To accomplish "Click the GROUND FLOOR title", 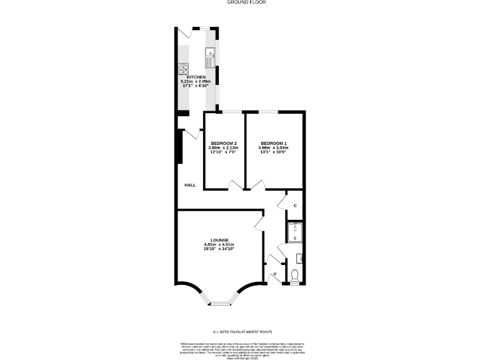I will (x=240, y=2).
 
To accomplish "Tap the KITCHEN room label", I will (x=196, y=77).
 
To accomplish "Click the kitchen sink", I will (x=209, y=61).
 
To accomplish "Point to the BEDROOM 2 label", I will (x=223, y=142).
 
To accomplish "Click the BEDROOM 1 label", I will (x=274, y=142).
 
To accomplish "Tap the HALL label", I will (x=190, y=186).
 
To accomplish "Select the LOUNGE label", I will (x=219, y=240).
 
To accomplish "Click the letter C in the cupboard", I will (x=295, y=206).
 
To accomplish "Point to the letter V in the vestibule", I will (x=274, y=274).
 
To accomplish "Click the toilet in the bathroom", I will (x=295, y=275).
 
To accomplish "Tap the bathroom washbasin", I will (x=299, y=257).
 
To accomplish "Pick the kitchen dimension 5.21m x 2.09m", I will (x=196, y=82).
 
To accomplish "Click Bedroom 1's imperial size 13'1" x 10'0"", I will (x=274, y=152).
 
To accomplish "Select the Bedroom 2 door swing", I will (x=235, y=184).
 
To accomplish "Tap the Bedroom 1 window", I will (x=269, y=112).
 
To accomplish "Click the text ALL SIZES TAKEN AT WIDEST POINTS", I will (x=242, y=332).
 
